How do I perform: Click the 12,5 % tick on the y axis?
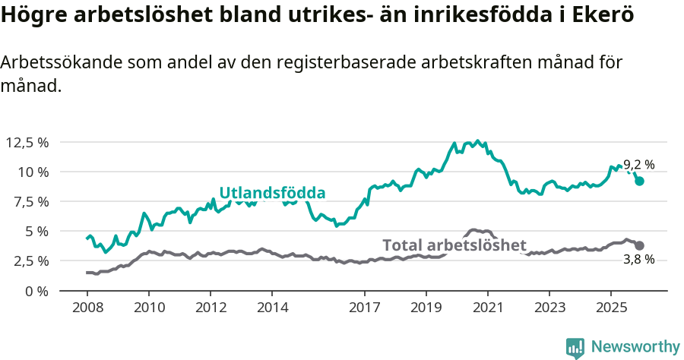point(27,142)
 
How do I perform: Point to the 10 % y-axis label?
point(33,172)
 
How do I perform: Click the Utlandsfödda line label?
point(272,193)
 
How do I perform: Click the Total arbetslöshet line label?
point(454,245)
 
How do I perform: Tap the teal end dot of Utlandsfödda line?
point(640,182)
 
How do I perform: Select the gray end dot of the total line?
point(640,245)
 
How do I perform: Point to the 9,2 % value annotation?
point(638,165)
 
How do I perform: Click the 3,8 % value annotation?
point(638,260)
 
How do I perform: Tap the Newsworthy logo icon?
point(575,347)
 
